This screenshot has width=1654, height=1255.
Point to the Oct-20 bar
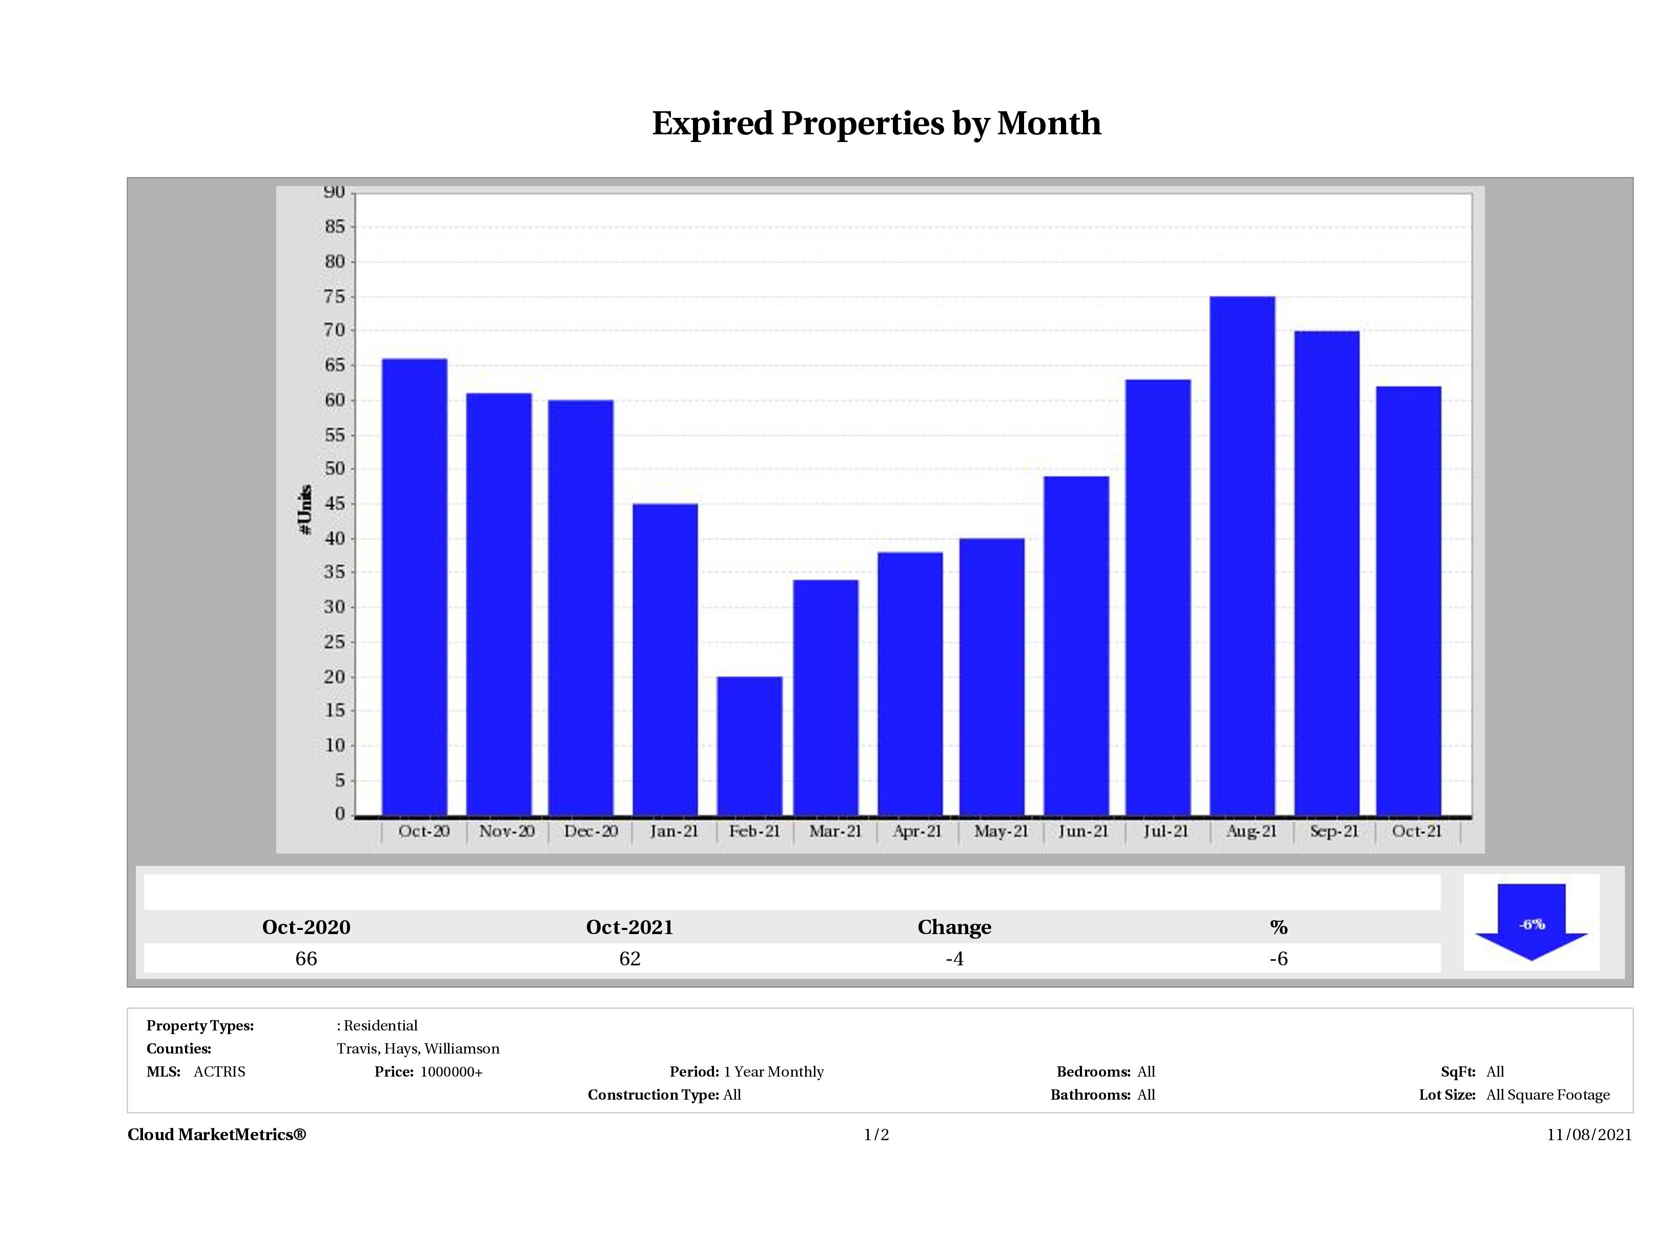click(x=414, y=587)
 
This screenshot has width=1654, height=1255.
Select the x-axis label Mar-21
click(x=834, y=831)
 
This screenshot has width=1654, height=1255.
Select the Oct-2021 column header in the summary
click(x=629, y=927)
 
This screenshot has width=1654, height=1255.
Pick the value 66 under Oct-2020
click(x=306, y=959)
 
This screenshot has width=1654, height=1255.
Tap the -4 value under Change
click(x=954, y=959)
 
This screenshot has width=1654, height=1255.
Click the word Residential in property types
click(x=381, y=1025)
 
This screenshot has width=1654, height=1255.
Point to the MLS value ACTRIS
click(x=219, y=1072)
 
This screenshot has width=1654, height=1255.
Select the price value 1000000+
click(x=451, y=1072)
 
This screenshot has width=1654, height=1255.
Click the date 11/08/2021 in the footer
click(x=1589, y=1135)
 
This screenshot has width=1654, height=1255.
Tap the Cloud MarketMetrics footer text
click(x=217, y=1135)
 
